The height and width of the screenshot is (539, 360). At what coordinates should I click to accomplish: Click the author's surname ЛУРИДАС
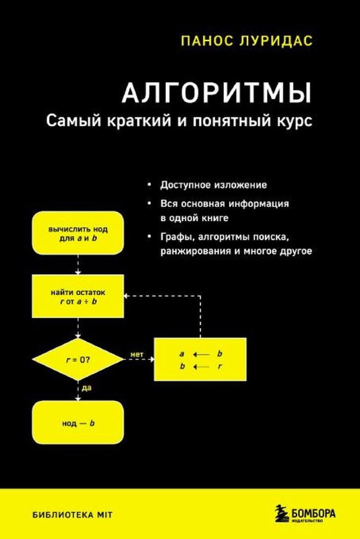point(272,41)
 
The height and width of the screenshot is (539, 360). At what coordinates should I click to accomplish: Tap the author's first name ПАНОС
point(203,41)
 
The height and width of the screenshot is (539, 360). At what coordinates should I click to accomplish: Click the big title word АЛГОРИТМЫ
point(216,93)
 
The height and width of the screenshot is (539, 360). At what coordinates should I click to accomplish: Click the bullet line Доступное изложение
point(213,185)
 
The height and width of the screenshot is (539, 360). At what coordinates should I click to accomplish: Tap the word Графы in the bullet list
point(177,237)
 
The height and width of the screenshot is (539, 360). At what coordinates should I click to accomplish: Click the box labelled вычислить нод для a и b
point(78,233)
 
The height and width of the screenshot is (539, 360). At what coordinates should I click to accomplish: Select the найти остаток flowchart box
point(78,296)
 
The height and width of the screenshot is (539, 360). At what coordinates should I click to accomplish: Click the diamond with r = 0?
point(78,360)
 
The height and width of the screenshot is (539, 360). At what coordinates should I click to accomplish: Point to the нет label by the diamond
point(136,354)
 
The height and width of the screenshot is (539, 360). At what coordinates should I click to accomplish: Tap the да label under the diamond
point(87,388)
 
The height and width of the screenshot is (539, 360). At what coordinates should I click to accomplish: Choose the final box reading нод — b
point(78,422)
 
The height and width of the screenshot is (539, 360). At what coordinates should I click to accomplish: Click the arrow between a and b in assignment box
point(201,354)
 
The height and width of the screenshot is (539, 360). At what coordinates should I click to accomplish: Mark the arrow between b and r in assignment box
point(201,367)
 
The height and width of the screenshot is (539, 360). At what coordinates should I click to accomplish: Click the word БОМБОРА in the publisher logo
point(313,513)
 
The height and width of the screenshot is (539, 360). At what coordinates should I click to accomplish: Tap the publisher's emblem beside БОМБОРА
point(282,514)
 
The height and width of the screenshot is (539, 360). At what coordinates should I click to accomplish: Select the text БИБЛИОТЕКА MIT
point(72,515)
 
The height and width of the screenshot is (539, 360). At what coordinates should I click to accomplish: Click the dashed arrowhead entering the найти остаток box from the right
point(127,296)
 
